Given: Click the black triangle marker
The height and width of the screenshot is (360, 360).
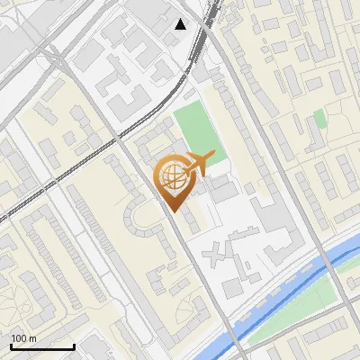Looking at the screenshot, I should pyautogui.click(x=181, y=24).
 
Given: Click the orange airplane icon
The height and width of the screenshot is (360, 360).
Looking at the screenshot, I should pyautogui.click(x=201, y=164).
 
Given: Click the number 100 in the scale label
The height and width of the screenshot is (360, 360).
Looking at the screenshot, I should pyautogui.click(x=19, y=337).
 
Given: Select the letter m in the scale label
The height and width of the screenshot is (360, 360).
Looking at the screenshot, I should pyautogui.click(x=33, y=337).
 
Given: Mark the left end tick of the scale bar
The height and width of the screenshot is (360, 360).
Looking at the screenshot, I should pyautogui.click(x=11, y=346).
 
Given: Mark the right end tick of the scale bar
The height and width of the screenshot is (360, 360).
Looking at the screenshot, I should pyautogui.click(x=74, y=346).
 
